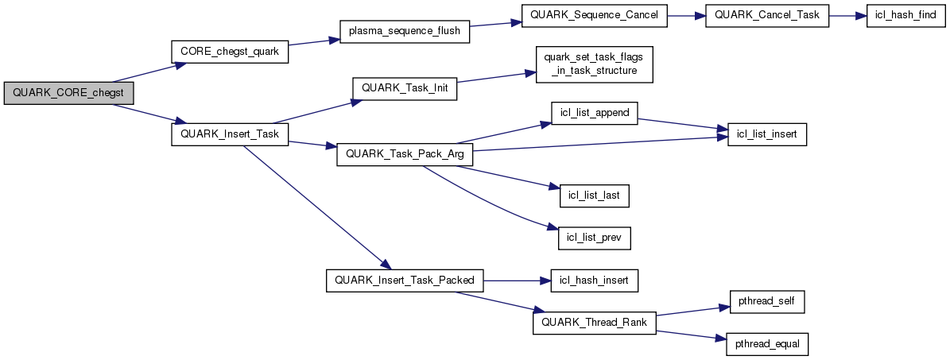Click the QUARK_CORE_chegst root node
coord(69,93)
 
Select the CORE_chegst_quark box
coord(230,52)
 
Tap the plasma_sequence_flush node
coord(405,30)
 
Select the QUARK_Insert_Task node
coord(230,134)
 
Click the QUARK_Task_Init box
coord(405,87)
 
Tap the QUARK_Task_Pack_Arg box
coord(405,154)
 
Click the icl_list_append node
coord(595,113)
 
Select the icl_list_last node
coord(595,194)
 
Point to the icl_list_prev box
coord(595,236)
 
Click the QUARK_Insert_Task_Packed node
coord(405,281)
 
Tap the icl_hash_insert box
coord(595,281)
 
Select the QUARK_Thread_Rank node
coord(595,322)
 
